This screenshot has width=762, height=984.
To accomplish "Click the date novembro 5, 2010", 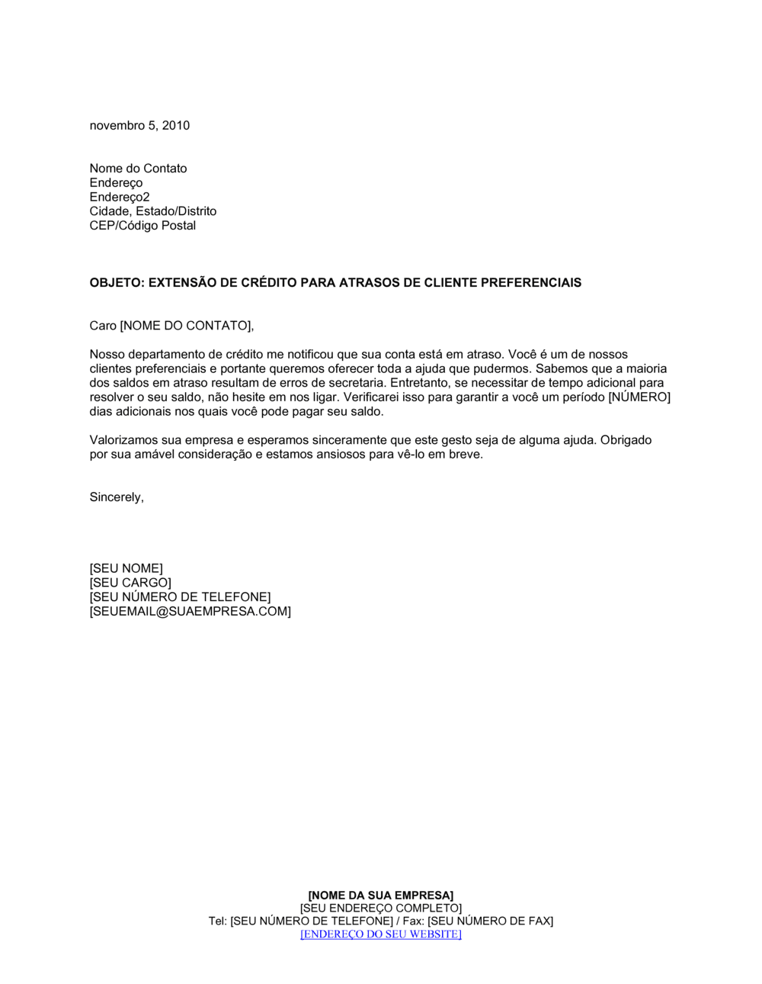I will [139, 126].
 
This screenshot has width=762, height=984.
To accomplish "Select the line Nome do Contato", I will [138, 169].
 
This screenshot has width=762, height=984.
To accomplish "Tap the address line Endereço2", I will [120, 197].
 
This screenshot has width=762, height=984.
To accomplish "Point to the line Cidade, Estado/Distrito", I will [152, 211].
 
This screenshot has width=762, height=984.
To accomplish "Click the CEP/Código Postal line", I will [142, 226].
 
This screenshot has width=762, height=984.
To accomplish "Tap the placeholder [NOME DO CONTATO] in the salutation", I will [185, 326].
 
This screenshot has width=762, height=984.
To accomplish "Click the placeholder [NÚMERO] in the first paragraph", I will [639, 397].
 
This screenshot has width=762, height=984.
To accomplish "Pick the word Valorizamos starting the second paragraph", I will [123, 440].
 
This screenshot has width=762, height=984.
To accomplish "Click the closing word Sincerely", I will [115, 497].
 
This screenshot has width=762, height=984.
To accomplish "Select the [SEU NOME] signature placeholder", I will [126, 568].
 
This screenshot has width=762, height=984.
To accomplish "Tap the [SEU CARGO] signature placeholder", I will [130, 583].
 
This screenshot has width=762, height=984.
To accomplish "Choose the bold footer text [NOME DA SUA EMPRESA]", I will [380, 896].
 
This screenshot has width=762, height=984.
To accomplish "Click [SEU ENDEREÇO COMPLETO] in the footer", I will [380, 908].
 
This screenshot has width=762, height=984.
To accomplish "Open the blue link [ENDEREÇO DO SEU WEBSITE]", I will [380, 934].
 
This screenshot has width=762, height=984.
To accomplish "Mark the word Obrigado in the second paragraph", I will [626, 440].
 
